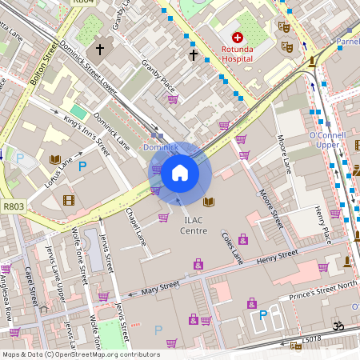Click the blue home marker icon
[x=180, y=172]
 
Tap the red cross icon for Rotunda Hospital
[x=237, y=38]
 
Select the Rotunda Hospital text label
[x=238, y=54]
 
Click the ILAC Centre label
[x=194, y=225]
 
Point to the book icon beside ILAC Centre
[x=209, y=202]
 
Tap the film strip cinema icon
[x=69, y=200]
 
